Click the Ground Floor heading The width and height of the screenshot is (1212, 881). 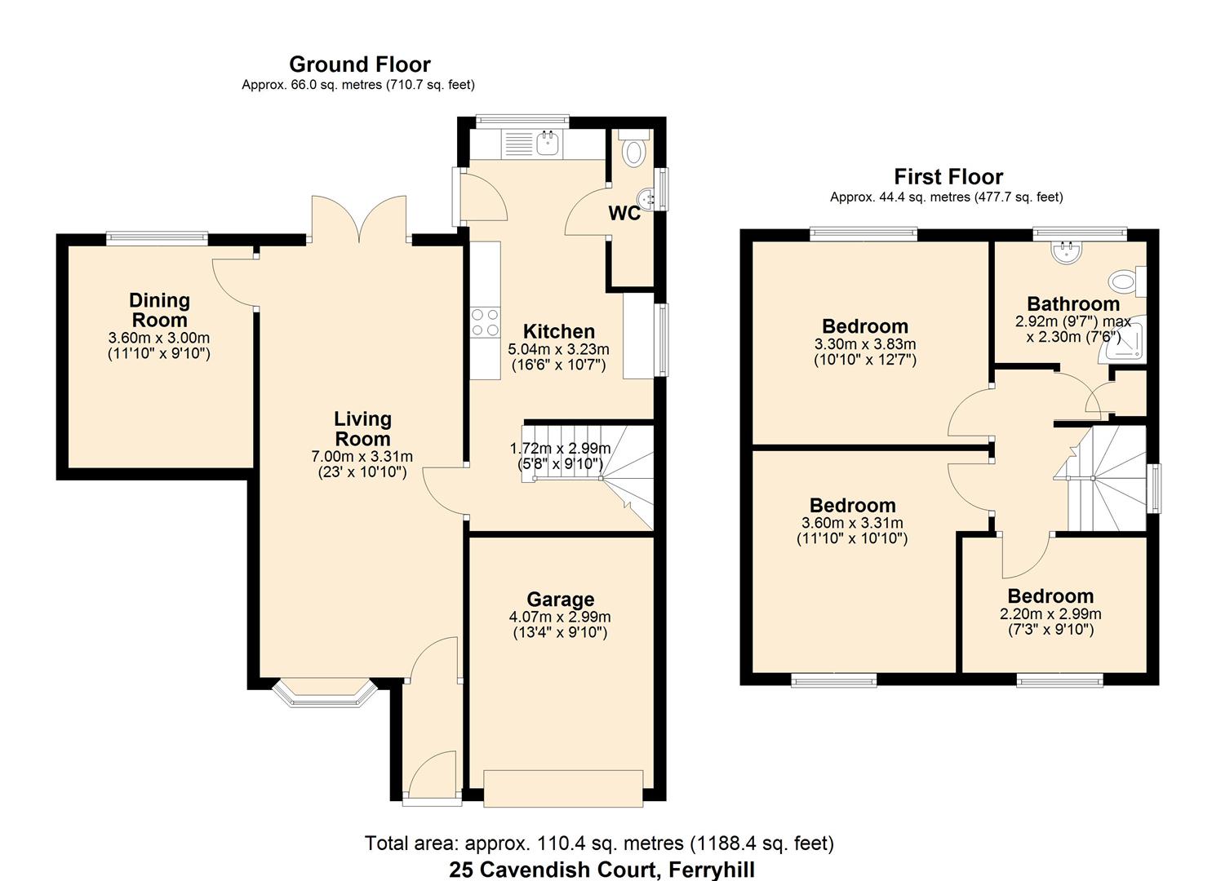coord(359,64)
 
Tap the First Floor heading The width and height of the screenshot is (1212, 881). coord(948,177)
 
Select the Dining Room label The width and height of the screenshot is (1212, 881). coord(160,311)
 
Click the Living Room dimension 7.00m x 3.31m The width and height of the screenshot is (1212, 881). coord(362,456)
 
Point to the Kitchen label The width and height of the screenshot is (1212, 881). coord(558,331)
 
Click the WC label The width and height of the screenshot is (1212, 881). coord(624,214)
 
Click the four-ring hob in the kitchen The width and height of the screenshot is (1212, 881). coord(485,322)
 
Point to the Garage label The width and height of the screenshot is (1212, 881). coord(560,600)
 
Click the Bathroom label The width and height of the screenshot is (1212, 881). coord(1072,304)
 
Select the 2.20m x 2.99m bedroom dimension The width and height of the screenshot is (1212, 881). coord(1050,614)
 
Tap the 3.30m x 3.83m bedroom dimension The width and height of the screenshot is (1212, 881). coord(865,344)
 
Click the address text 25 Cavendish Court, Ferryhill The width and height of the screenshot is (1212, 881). coord(602,870)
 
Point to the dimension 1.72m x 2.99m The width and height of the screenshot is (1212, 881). coord(560,448)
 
